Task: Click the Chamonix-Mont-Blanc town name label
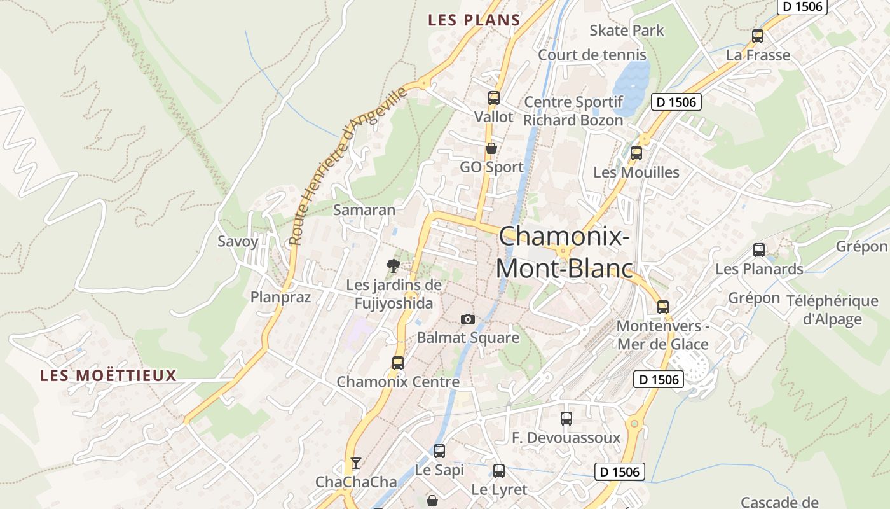[564, 253]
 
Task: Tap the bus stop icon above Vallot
[494, 98]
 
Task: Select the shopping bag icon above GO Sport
[491, 149]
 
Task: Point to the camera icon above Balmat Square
[468, 319]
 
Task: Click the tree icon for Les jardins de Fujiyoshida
[394, 265]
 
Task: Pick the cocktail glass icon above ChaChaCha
[356, 463]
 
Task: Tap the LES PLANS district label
[474, 20]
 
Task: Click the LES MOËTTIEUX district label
[108, 375]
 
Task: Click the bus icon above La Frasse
[758, 36]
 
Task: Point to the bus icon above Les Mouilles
[636, 153]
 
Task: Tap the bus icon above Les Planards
[759, 250]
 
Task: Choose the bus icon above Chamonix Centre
[398, 363]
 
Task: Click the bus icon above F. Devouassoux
[566, 419]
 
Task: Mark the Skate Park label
[626, 31]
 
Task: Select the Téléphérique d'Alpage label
[832, 310]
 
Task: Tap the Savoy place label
[238, 242]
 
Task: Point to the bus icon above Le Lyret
[499, 471]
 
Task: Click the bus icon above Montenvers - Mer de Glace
[663, 307]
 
